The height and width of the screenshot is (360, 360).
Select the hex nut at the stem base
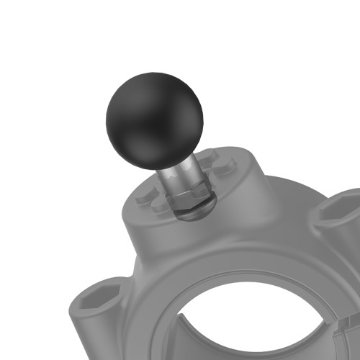tap(191, 202)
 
